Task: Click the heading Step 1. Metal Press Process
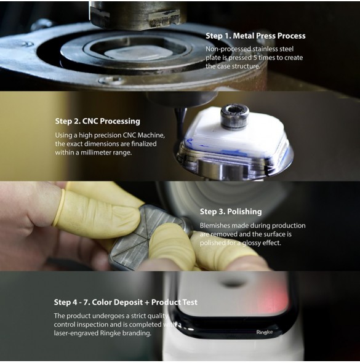point(255,36)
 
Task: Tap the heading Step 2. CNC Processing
point(97,121)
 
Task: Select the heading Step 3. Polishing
point(231,212)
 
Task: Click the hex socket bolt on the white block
point(234,116)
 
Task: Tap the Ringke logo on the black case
point(265,332)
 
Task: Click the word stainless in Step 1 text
point(265,49)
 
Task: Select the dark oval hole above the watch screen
point(232,282)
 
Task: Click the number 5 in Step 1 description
point(255,58)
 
